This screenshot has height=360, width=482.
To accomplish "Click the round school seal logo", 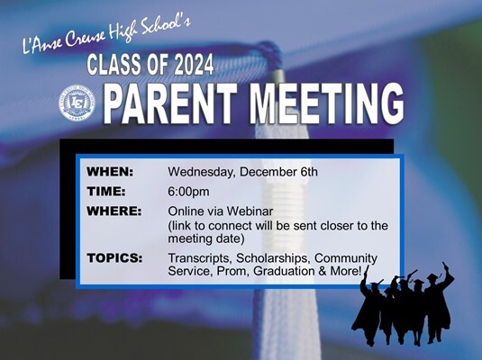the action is (77, 102).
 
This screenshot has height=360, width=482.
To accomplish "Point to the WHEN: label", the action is (110, 172).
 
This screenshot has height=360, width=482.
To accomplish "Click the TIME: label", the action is (106, 192).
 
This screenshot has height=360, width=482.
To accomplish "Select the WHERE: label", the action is (114, 211).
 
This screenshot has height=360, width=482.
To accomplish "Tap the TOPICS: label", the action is (114, 258).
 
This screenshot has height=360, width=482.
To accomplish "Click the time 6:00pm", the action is (188, 193).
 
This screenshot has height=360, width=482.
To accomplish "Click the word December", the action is (268, 172).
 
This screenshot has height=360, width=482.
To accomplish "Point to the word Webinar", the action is (250, 211).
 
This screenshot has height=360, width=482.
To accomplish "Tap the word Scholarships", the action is (273, 258).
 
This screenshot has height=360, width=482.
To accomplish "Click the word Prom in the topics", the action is (233, 272).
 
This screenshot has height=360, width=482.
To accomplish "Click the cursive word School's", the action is (166, 28).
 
